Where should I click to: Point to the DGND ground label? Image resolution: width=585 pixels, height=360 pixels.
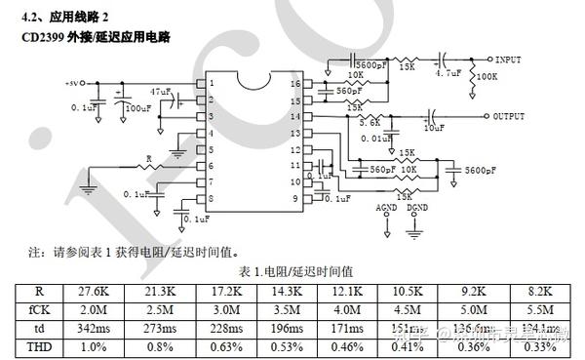pos(417,208)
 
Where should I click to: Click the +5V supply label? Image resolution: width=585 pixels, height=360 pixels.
pos(75,84)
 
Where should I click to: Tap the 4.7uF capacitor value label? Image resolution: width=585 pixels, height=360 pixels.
pos(448,73)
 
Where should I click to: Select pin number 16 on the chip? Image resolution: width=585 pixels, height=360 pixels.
pos(295,84)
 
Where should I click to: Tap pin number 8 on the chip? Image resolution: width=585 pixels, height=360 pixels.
pos(211,198)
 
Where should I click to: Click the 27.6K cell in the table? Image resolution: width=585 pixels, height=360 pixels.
pos(95,291)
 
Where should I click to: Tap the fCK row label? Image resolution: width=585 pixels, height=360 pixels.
pos(39,307)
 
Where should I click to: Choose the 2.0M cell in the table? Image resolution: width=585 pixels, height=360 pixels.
pos(95,307)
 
